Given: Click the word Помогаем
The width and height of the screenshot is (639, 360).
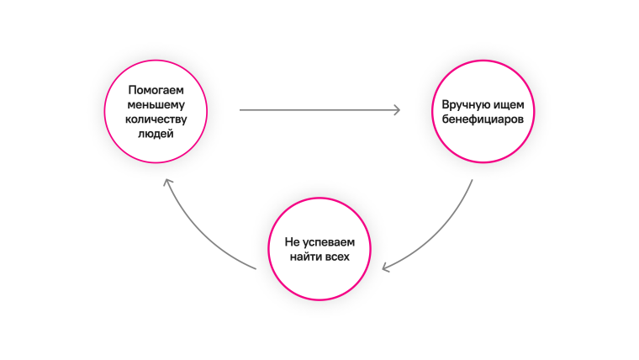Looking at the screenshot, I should (156, 90).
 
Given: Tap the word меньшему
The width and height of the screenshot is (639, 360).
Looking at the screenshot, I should (156, 104).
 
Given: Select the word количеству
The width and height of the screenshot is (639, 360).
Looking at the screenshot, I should (156, 119).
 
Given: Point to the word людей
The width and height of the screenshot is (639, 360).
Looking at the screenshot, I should (156, 133).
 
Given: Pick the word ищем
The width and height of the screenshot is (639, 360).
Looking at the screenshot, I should (510, 105).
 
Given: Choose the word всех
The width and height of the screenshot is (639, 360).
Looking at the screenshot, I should (338, 256).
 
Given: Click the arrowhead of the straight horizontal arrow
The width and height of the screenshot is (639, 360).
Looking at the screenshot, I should (396, 109).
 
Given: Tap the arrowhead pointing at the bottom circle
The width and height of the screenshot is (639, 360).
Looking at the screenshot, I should (386, 267).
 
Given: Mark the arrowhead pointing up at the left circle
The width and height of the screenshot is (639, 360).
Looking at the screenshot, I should (168, 182).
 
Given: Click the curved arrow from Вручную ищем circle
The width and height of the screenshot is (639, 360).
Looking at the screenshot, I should (446, 231).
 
